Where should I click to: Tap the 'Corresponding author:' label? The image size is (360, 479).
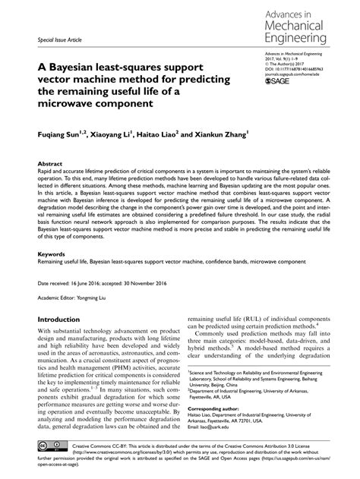(217, 386)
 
